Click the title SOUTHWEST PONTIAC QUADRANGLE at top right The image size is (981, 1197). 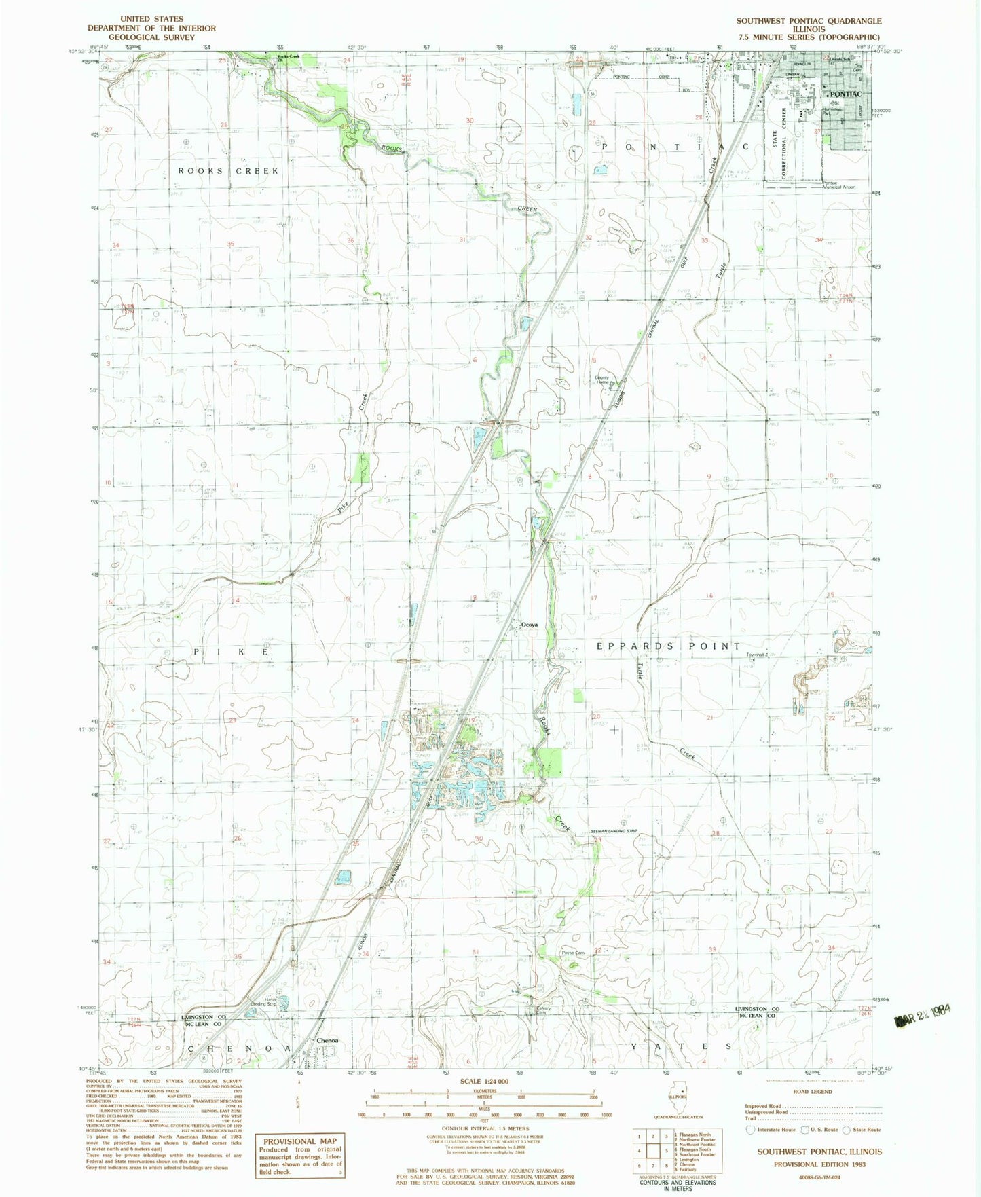(x=809, y=21)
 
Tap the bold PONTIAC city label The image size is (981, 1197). (x=845, y=94)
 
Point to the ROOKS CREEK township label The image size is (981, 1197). (x=228, y=171)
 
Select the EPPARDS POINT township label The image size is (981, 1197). (x=669, y=646)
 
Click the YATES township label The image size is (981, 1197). (x=682, y=1046)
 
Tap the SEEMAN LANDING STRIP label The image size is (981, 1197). (x=614, y=831)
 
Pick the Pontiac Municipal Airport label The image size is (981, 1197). (x=839, y=185)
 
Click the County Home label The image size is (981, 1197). (x=602, y=380)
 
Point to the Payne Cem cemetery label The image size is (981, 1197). (x=572, y=953)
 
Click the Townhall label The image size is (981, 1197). (x=756, y=655)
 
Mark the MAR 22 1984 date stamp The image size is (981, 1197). (x=923, y=1014)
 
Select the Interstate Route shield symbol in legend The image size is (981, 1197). (x=749, y=1130)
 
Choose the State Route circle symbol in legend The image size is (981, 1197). (x=847, y=1130)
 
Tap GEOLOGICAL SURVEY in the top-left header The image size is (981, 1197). (x=151, y=37)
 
